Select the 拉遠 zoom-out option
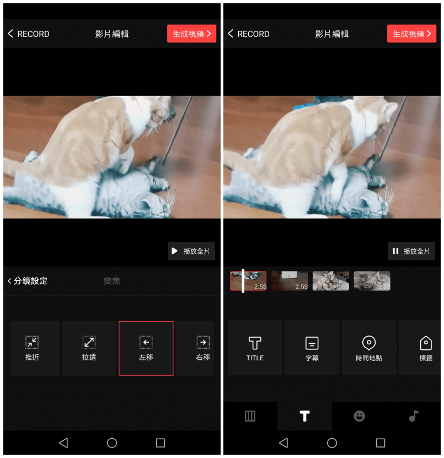coord(89,348)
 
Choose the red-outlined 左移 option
coord(146,348)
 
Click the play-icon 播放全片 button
coord(191,251)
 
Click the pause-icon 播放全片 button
coord(411,251)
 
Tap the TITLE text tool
coord(255,348)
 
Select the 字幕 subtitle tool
coord(312,348)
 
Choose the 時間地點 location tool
coord(369,348)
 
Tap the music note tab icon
coord(414,416)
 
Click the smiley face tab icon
coord(360,416)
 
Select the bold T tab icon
coord(304,416)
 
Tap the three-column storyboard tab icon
coord(250,416)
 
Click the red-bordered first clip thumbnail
coord(248,281)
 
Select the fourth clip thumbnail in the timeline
coord(372,281)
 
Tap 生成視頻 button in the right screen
coord(411,34)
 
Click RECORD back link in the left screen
coord(29,34)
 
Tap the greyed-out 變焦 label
coord(112,281)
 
